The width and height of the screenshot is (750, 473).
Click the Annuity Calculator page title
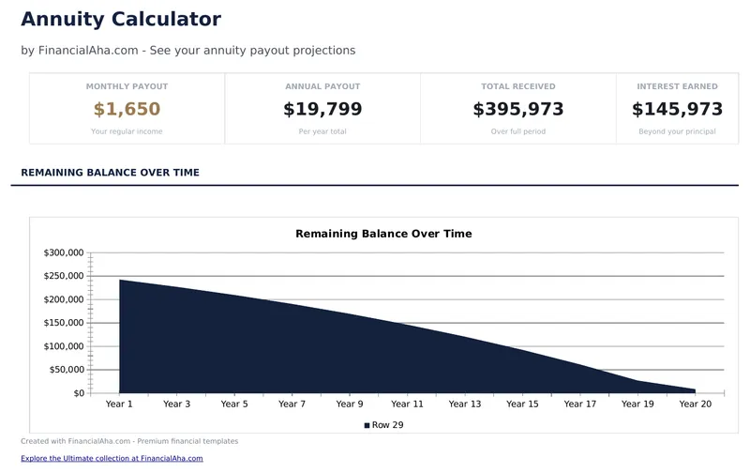121,20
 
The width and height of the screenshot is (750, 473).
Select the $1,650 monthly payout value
127,110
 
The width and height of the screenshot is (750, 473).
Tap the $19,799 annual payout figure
322,110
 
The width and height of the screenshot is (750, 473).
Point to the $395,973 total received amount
518,110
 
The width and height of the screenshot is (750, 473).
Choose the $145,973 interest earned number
677,110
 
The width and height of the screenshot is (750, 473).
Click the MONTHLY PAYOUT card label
127,87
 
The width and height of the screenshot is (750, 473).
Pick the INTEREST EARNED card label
677,87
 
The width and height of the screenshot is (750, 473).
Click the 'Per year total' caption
322,131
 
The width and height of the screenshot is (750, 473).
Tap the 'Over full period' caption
518,131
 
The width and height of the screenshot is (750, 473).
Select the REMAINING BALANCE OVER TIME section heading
110,173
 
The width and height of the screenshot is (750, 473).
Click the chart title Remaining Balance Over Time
383,234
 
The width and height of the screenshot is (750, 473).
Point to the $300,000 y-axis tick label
64,253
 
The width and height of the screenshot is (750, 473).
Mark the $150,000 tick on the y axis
64,323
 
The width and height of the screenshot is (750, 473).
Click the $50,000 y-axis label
67,370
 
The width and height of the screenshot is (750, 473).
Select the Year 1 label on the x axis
119,404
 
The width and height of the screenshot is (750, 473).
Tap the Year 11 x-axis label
407,404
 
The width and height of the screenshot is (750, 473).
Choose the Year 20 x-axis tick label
695,404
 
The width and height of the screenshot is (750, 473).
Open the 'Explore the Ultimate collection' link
112,459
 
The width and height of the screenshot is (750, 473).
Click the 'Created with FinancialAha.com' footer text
129,441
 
